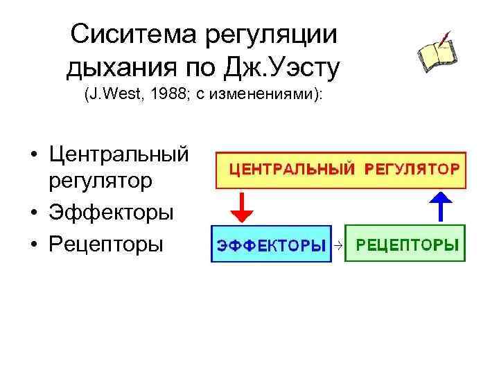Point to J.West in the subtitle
(112, 94)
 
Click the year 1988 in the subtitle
(166, 94)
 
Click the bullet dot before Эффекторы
(33, 213)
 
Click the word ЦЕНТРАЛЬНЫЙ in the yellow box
(291, 168)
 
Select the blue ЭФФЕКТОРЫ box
(272, 244)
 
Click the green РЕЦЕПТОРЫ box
(405, 243)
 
